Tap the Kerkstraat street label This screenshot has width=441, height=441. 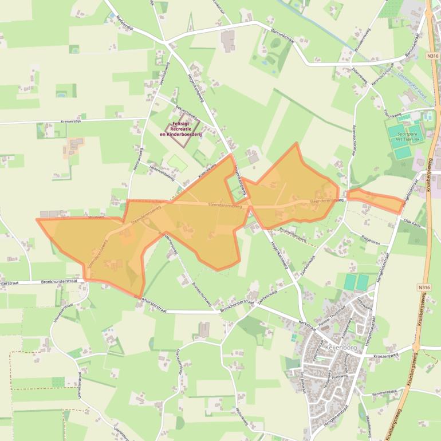[308, 325]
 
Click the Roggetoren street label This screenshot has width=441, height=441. [371, 242]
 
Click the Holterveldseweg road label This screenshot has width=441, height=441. [162, 170]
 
